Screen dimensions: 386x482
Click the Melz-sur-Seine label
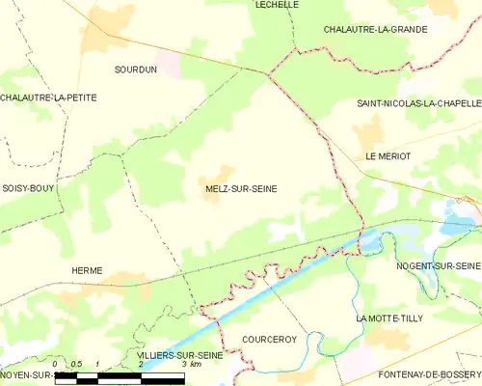tap(241, 189)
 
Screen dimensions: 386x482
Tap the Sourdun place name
tap(136, 70)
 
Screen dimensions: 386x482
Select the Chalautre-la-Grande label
tap(375, 30)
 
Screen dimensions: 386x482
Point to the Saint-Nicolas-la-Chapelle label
tap(418, 103)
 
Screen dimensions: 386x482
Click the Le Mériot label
tap(388, 156)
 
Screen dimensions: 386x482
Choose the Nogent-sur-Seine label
tap(439, 265)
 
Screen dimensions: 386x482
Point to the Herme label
tap(87, 271)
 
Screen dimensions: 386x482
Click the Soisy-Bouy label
tap(27, 187)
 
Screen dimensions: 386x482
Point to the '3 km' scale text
tap(190, 365)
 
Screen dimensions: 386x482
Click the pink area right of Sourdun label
tap(170, 64)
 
